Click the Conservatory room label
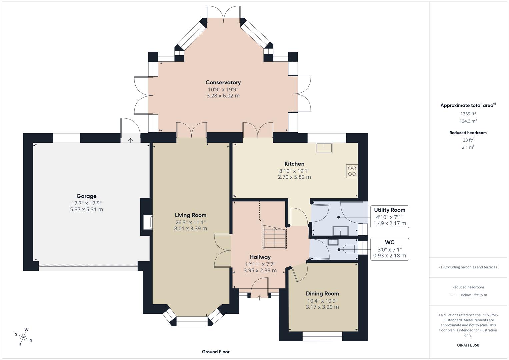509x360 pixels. click(x=223, y=82)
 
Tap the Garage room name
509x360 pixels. click(x=86, y=196)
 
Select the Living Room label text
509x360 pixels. click(x=191, y=215)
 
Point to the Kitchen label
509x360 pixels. click(x=294, y=164)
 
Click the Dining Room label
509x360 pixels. click(x=322, y=293)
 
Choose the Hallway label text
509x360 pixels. click(x=260, y=257)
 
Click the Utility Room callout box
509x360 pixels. click(x=389, y=217)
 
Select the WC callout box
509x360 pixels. click(x=389, y=249)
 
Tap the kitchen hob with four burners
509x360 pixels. click(x=352, y=171)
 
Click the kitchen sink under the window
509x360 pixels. click(x=324, y=148)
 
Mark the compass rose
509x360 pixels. click(x=23, y=337)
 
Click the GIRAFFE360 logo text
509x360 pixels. click(x=468, y=345)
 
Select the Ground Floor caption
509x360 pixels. click(x=215, y=352)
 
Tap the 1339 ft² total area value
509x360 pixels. click(x=468, y=114)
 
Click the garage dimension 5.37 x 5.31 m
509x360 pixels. click(x=86, y=209)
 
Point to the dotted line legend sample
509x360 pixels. click(x=454, y=295)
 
